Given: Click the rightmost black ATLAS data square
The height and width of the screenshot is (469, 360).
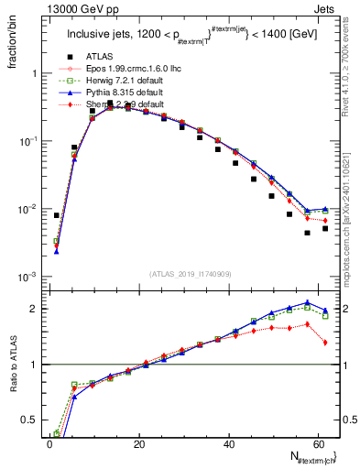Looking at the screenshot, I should [325, 228].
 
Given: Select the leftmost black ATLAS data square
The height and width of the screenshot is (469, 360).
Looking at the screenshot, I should [57, 215].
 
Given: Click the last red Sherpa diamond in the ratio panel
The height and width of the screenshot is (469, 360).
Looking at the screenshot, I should [325, 343].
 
